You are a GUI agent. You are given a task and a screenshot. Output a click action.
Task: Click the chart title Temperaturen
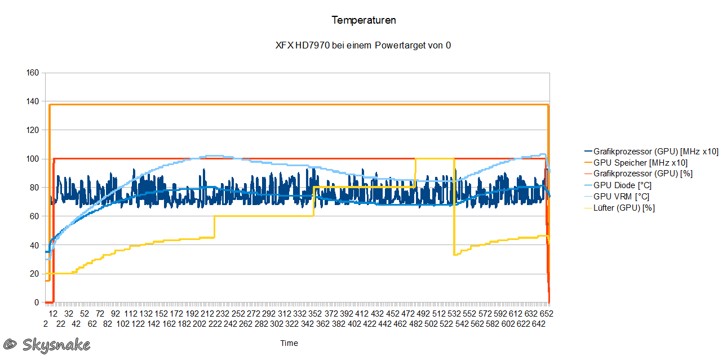[363, 20]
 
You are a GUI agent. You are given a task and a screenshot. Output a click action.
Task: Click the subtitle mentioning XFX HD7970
[363, 45]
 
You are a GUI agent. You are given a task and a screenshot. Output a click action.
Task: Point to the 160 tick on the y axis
[32, 73]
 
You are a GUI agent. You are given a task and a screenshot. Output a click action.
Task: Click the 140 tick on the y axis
[32, 101]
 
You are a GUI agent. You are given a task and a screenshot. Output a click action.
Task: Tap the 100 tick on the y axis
[32, 159]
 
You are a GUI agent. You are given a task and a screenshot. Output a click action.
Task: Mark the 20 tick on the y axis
[34, 274]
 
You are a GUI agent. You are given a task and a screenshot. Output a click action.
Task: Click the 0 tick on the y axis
[37, 303]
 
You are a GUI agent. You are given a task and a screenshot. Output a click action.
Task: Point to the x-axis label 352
[314, 313]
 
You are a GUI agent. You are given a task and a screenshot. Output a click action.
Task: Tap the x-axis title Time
[289, 343]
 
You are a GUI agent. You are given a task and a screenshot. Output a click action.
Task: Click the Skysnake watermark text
[55, 344]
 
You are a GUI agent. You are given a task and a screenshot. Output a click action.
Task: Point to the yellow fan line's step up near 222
[215, 226]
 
